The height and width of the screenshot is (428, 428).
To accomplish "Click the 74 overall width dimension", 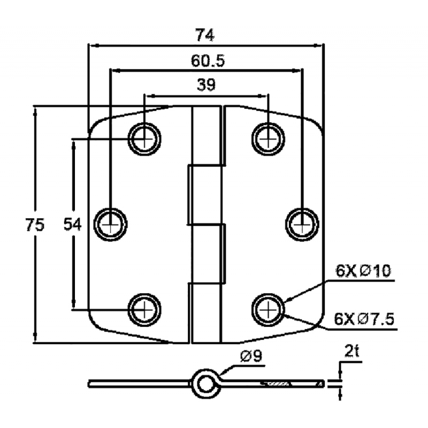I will tap(205, 35).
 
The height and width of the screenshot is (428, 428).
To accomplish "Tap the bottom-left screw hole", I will tap(144, 309).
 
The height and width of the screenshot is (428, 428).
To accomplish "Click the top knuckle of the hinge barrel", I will tap(206, 134).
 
